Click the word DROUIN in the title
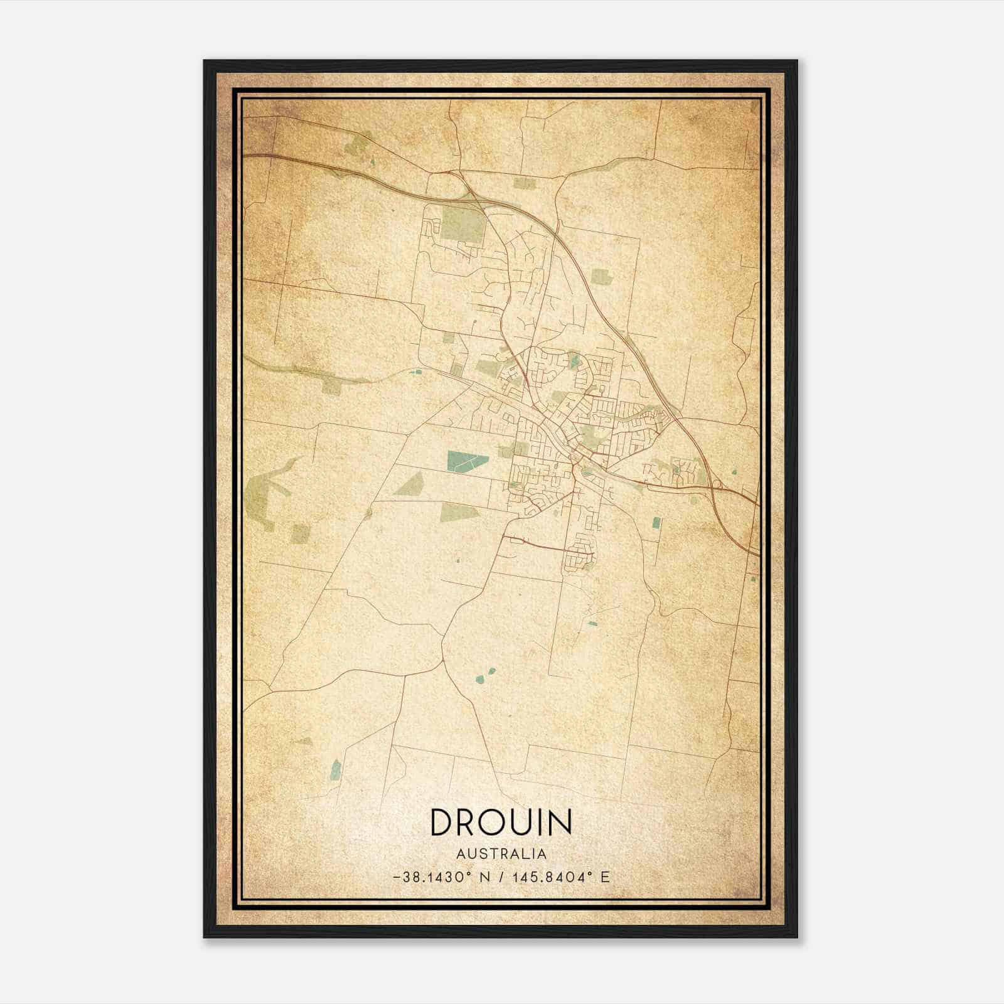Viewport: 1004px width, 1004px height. click(x=501, y=823)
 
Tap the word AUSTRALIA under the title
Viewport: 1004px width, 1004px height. click(x=501, y=854)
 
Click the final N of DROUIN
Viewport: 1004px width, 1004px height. click(x=559, y=823)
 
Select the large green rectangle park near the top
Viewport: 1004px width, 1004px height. click(x=463, y=224)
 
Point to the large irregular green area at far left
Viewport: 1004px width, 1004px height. click(x=267, y=493)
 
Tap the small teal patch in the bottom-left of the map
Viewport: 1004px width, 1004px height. click(x=336, y=769)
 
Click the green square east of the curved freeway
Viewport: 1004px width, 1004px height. click(x=601, y=277)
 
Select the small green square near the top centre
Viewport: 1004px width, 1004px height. click(x=525, y=183)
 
